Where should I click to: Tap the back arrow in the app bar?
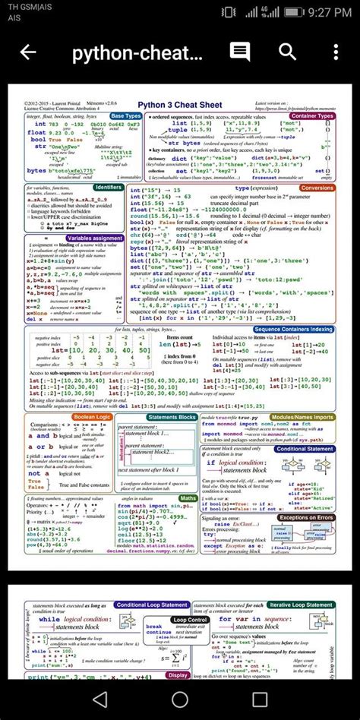28,52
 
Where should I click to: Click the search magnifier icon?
288,52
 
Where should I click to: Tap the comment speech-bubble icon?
240,52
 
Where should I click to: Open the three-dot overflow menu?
334,52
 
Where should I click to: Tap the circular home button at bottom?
180,698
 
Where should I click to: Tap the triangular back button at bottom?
100,698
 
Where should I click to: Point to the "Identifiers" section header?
109,186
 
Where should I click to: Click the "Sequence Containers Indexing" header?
293,329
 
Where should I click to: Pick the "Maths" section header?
188,497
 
